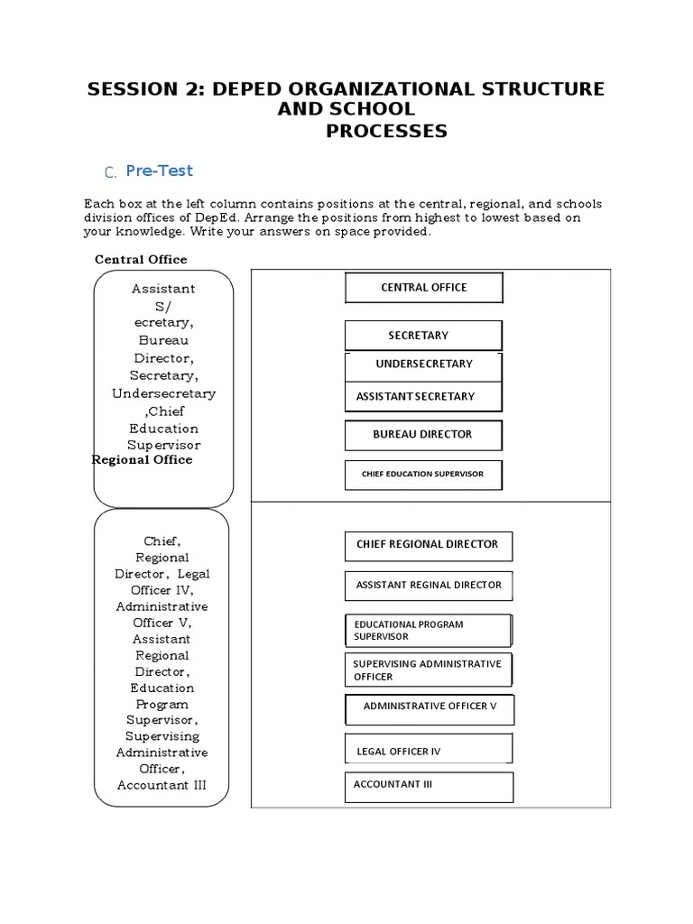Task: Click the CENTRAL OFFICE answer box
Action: pos(423,288)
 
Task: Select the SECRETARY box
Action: pos(422,336)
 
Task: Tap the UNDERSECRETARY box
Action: pos(423,365)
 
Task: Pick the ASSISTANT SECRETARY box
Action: pos(423,396)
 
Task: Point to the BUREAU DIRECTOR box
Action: pos(423,435)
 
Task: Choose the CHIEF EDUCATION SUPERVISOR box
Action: pos(423,475)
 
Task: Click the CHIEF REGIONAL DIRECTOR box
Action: pos(428,545)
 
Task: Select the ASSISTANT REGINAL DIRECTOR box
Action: pos(428,586)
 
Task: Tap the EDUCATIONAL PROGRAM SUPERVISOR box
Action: pos(428,630)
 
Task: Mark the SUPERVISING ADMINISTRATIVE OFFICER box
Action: pos(428,670)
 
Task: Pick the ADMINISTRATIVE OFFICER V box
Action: pos(430,708)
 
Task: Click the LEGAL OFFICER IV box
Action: pos(428,749)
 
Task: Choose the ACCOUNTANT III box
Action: pos(428,786)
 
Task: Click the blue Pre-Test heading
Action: pos(160,171)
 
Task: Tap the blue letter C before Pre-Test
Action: pos(110,173)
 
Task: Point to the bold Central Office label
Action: pos(141,260)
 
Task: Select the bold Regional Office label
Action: pos(143,460)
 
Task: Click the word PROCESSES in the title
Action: pos(386,132)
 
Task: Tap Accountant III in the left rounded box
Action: pos(162,785)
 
